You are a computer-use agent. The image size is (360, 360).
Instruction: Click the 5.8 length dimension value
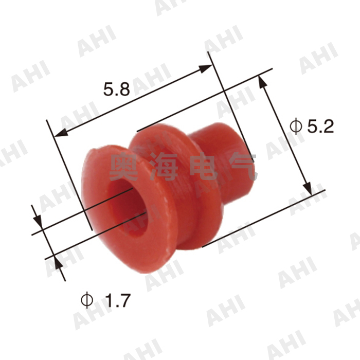click(116, 90)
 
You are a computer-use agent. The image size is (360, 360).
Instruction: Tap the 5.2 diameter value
click(319, 127)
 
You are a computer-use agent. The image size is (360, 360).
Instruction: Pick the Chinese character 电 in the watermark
click(204, 168)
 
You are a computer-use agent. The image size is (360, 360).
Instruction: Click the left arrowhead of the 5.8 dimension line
click(58, 135)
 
